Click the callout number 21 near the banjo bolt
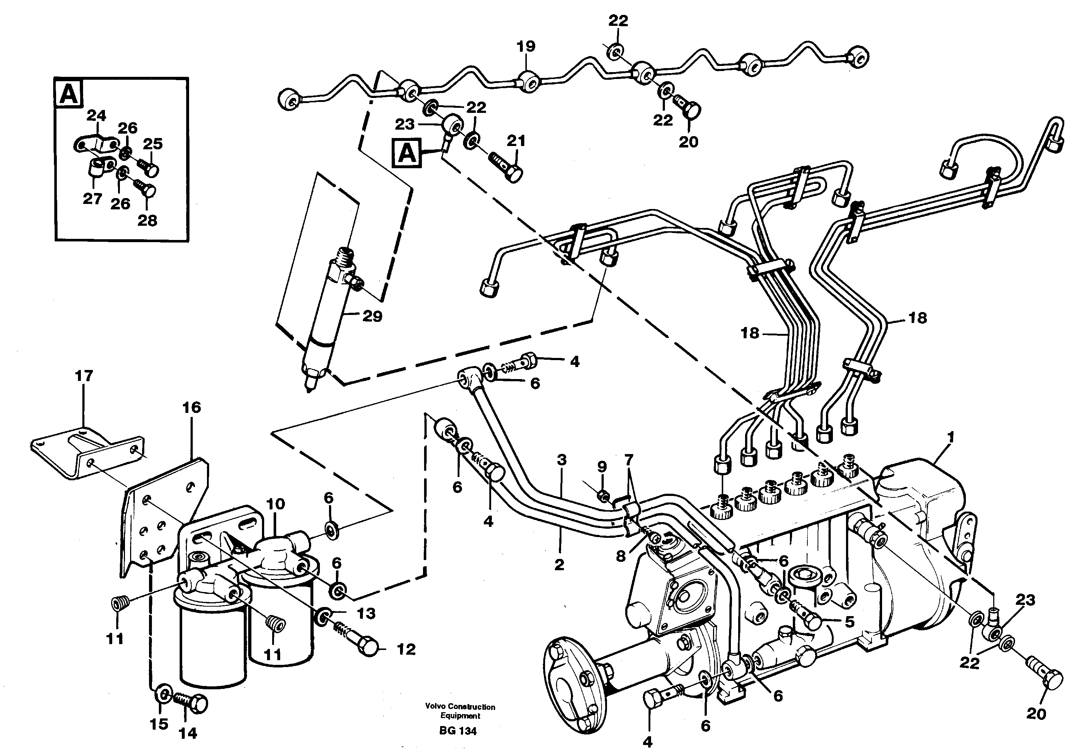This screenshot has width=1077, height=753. click(516, 141)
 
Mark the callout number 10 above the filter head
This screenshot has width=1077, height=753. click(275, 504)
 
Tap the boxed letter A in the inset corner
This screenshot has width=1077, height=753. click(68, 94)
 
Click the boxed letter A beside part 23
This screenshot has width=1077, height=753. click(407, 153)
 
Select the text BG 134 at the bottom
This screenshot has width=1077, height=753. click(458, 731)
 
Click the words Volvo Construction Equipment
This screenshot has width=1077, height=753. click(460, 711)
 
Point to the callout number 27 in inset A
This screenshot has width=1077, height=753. click(93, 199)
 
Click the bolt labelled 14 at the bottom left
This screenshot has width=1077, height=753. click(192, 703)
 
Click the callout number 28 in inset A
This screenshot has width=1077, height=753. click(147, 220)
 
